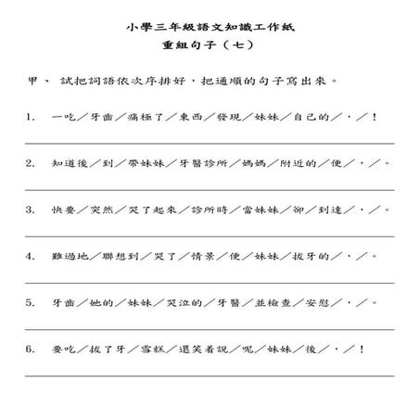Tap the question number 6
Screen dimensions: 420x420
tap(31, 349)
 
